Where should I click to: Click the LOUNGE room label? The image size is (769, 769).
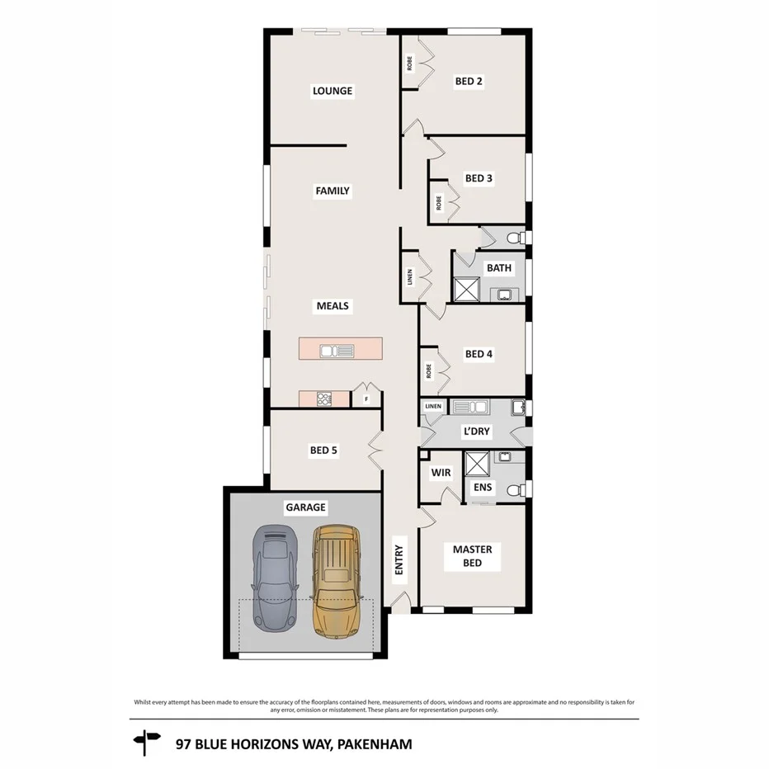click(x=332, y=91)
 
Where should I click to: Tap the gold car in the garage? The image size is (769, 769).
click(x=335, y=581)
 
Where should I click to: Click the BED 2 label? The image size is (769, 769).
click(x=469, y=81)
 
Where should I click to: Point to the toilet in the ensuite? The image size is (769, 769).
click(x=515, y=488)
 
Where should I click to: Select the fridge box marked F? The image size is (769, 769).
click(x=366, y=400)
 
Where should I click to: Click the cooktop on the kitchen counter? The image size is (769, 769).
click(x=323, y=399)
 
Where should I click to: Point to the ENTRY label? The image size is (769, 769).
click(x=399, y=559)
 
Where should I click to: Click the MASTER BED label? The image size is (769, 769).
click(x=472, y=556)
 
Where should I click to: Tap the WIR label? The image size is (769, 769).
click(x=439, y=473)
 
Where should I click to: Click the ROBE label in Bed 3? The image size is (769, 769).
click(x=439, y=202)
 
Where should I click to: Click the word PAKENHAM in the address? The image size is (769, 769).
click(x=374, y=743)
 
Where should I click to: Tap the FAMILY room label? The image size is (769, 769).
click(x=333, y=191)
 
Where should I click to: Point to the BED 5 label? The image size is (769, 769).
click(x=323, y=451)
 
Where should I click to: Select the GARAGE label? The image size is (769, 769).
click(x=305, y=507)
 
